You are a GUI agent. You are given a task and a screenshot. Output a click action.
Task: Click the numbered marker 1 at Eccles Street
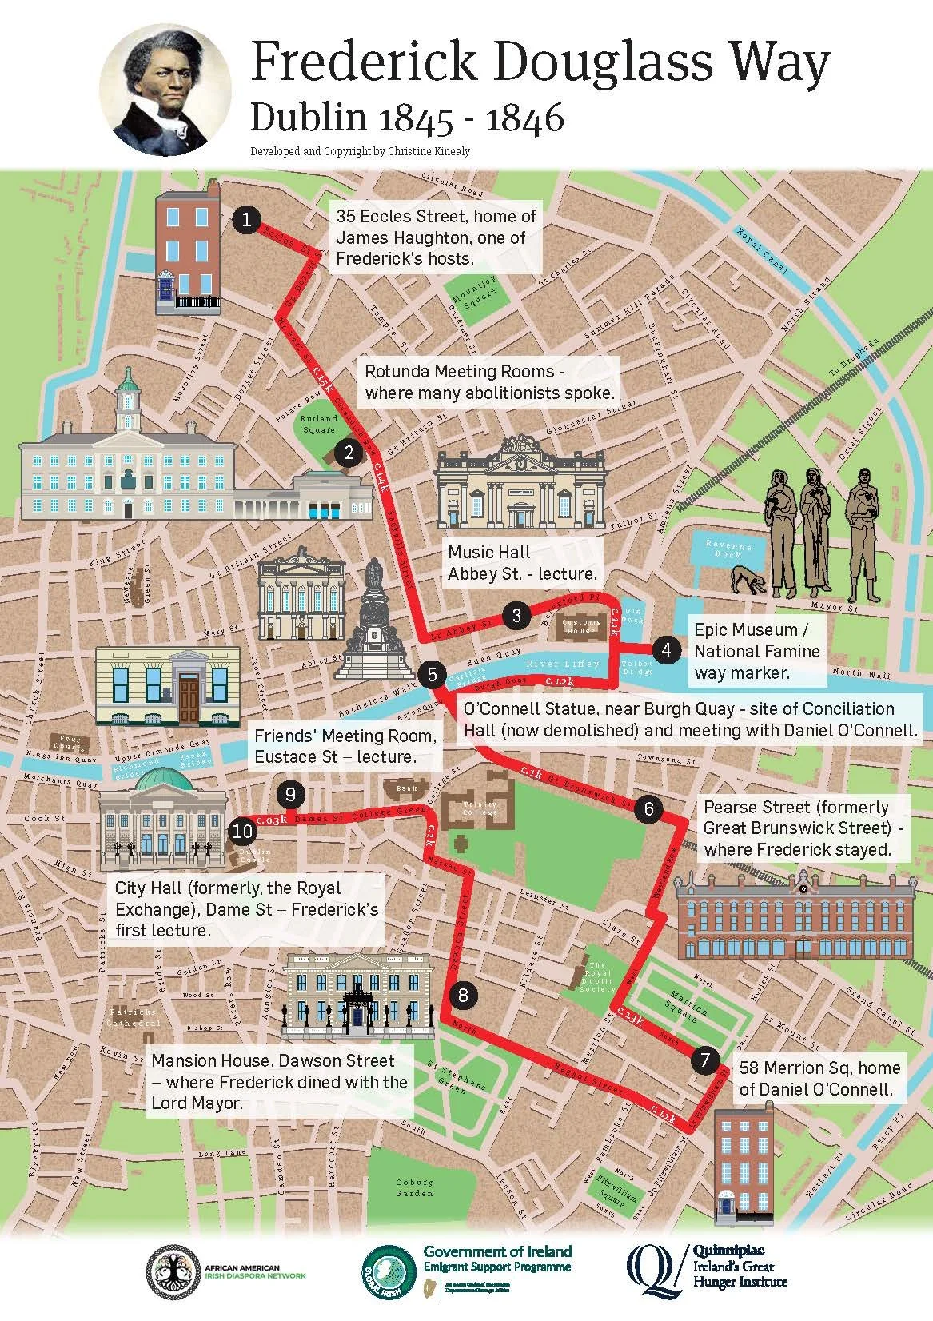click(249, 219)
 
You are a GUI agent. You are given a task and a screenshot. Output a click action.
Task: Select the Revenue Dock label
click(728, 552)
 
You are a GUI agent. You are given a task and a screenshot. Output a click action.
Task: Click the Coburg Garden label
click(414, 1187)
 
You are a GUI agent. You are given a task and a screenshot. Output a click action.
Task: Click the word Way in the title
click(767, 62)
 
